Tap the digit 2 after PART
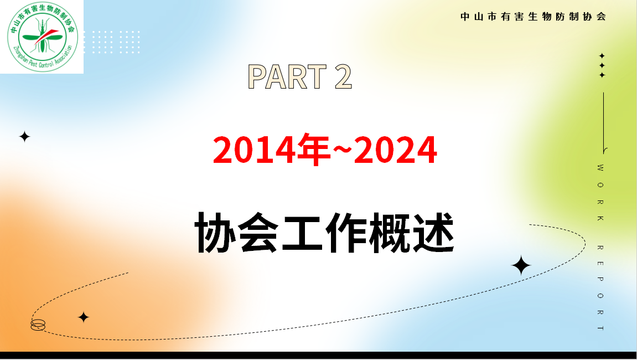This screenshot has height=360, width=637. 343,76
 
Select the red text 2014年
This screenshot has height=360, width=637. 271,150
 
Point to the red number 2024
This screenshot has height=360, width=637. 395,150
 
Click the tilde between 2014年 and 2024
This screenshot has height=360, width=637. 341,150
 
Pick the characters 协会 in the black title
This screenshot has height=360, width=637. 236,233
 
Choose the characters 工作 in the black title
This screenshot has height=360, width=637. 324,233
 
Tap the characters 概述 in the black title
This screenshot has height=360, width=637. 412,233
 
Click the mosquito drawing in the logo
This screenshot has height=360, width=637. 42,36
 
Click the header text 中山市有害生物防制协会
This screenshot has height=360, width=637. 534,17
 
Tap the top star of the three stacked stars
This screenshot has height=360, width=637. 602,56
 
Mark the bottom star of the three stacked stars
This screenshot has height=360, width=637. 602,75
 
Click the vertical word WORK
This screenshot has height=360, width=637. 601,193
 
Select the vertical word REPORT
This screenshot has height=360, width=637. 601,287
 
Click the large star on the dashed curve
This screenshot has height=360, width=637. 521,266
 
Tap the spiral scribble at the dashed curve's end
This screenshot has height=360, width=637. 38,325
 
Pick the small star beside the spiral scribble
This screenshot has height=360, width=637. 83,317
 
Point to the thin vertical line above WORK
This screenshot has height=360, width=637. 603,122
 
